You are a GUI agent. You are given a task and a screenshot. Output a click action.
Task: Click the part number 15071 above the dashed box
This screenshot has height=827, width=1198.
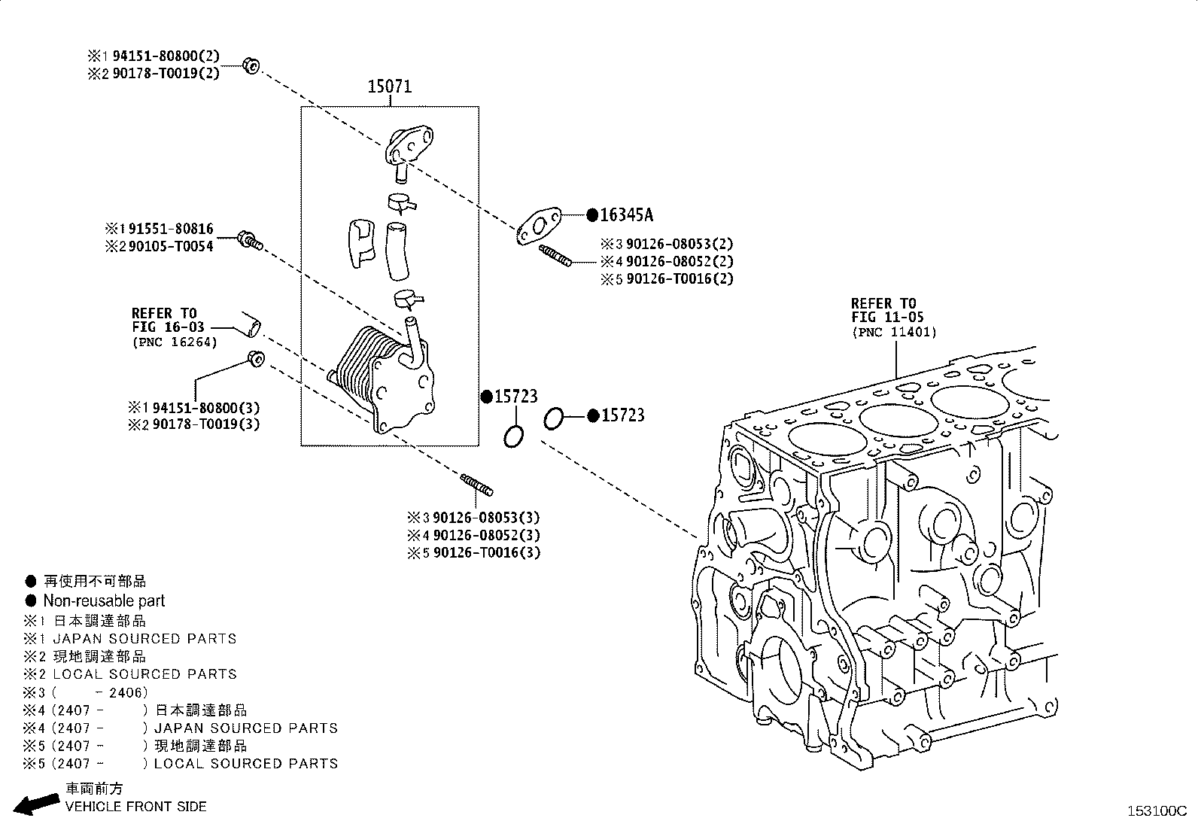389,87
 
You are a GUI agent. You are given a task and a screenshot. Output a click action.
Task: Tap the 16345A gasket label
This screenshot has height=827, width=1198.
626,215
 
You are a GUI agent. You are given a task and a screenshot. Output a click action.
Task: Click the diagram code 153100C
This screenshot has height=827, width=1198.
1156,811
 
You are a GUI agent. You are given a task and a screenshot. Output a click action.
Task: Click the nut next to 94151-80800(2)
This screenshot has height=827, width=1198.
251,65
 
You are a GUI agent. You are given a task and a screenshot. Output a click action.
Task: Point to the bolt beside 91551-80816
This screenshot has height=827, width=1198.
249,241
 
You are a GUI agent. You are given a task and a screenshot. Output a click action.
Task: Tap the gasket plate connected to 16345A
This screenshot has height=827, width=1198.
540,226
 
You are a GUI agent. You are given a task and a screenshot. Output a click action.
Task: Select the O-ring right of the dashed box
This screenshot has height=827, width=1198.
553,418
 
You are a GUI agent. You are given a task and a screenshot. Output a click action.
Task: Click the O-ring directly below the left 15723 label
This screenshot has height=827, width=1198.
514,436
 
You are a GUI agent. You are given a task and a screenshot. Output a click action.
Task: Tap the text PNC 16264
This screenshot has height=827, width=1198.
175,342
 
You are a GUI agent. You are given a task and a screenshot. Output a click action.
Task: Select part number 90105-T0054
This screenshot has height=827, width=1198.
170,246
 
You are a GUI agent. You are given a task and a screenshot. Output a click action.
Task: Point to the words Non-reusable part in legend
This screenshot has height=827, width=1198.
104,600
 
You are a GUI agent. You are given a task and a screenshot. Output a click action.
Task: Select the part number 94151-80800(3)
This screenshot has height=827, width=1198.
205,408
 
